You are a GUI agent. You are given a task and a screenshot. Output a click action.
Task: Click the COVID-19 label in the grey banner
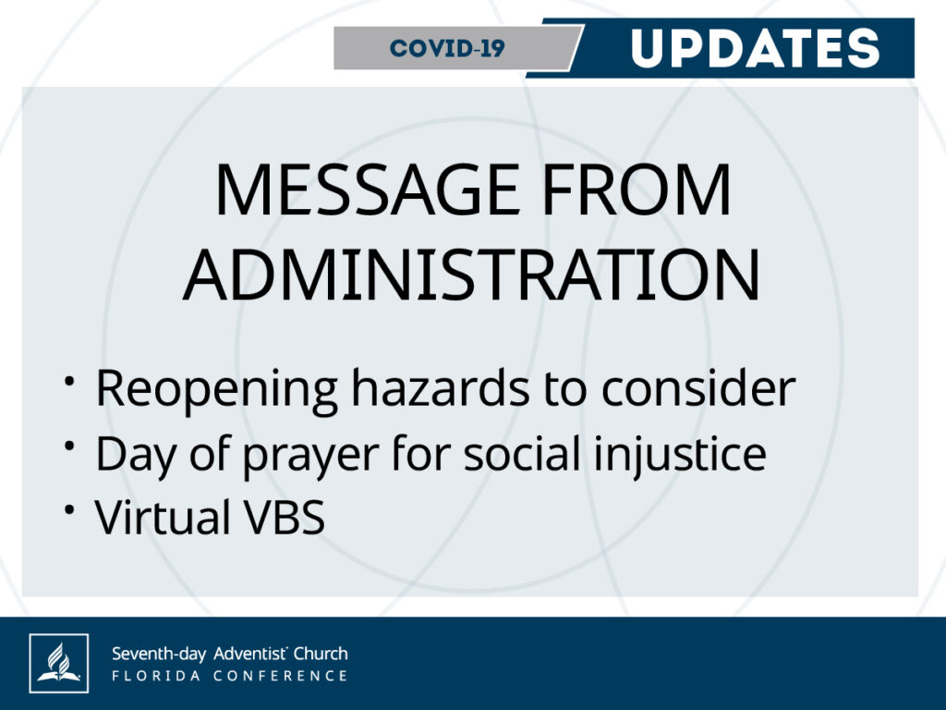click(x=446, y=48)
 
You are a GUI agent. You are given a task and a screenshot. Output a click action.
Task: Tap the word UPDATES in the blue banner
click(x=756, y=48)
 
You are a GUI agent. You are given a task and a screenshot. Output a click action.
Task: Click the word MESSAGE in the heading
click(x=367, y=190)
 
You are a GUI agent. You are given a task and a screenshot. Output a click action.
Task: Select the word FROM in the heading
click(x=637, y=190)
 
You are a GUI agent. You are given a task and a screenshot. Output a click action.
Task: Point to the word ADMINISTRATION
click(x=472, y=275)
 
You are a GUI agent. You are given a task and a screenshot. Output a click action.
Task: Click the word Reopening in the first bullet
click(x=216, y=390)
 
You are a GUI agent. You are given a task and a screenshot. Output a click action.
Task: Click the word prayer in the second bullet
click(x=310, y=457)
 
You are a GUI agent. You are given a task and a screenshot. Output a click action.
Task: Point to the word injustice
click(x=680, y=455)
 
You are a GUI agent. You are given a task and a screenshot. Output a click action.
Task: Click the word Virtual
click(x=162, y=517)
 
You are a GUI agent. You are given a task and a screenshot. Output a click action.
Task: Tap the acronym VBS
click(x=284, y=518)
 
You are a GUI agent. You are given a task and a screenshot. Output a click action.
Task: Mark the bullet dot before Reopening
click(x=70, y=381)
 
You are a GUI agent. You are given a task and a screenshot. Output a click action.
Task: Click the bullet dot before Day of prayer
click(x=70, y=446)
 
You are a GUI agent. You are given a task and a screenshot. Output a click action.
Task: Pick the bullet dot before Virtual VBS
click(x=70, y=510)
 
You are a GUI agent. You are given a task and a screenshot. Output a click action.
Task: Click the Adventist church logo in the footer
click(x=58, y=663)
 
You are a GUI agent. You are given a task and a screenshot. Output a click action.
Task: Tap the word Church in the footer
click(x=321, y=654)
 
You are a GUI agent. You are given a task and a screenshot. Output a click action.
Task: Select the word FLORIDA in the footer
click(x=156, y=676)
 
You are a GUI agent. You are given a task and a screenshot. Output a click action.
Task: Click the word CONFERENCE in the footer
click(x=281, y=676)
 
